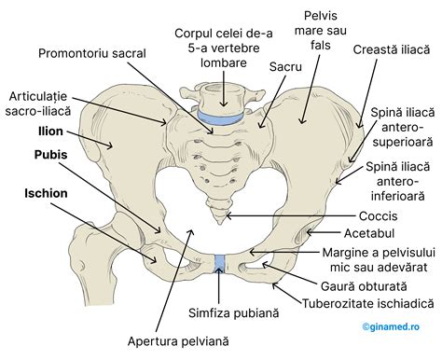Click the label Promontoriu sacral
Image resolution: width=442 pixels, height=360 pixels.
(x=92, y=53)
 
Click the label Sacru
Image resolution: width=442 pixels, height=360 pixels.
(x=283, y=68)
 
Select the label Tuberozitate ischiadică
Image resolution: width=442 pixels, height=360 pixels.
(x=367, y=304)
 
